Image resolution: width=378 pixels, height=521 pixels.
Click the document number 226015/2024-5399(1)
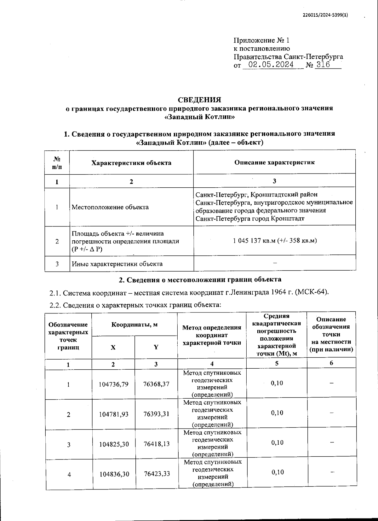pos(325,15)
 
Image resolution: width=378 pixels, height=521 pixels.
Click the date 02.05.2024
pos(271,65)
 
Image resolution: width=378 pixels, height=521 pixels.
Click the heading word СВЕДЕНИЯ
pos(199,100)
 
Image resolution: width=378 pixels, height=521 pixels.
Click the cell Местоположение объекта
pos(110,207)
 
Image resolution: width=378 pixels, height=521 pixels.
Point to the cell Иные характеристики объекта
pos(117,264)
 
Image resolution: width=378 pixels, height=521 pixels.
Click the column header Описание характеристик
pos(274,162)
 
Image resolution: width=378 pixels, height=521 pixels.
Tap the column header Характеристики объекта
pos(131,163)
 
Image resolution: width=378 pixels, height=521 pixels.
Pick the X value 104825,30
pos(114,444)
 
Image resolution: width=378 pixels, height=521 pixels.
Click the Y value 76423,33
pos(157,474)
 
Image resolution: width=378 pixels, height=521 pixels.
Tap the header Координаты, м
pos(135,325)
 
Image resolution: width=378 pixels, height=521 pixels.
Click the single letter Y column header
pos(156,347)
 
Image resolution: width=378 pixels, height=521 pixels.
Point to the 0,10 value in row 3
pos(277,442)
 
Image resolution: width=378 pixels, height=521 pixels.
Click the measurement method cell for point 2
pos(212,413)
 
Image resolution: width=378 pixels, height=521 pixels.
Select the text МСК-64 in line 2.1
pos(315,292)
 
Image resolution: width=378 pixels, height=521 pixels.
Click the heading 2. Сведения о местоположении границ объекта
pos(200,279)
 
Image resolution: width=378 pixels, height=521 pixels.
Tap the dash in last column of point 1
pos(331,383)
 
